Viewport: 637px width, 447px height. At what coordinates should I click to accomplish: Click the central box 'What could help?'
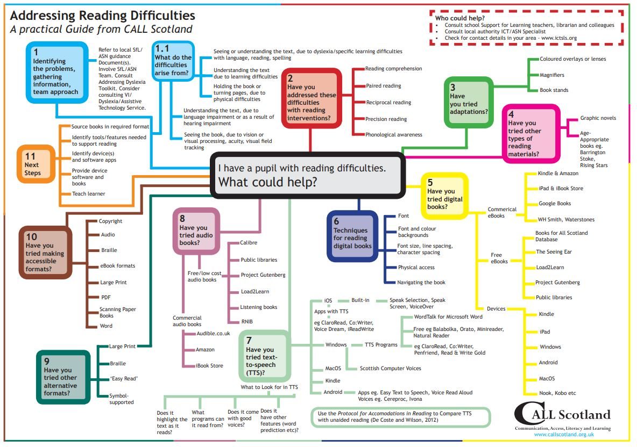[307, 175]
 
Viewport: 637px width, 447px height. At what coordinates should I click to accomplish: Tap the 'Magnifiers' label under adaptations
[552, 75]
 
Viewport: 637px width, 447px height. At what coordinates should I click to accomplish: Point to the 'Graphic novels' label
[598, 118]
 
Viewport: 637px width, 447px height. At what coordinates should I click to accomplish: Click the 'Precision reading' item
[386, 119]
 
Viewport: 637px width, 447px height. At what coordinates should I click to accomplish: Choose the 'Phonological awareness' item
[394, 135]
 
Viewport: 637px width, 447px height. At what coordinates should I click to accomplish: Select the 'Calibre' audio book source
[249, 243]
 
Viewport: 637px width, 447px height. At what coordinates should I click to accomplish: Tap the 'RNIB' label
[247, 322]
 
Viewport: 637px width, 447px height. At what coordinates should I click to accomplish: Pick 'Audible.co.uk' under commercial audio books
[213, 334]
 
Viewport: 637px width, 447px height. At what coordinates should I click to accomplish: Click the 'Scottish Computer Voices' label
[390, 369]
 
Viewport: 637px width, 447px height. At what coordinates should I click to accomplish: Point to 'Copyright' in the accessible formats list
[110, 221]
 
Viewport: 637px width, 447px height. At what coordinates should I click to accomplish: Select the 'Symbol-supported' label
[122, 399]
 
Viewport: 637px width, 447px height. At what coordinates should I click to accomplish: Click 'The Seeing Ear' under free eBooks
[554, 252]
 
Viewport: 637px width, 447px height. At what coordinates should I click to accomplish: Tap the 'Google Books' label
[555, 204]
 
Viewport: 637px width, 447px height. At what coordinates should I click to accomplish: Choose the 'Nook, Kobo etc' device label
[557, 393]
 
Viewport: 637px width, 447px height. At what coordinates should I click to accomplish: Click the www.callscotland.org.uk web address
[564, 434]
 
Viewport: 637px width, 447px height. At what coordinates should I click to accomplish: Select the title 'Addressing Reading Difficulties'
[102, 16]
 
